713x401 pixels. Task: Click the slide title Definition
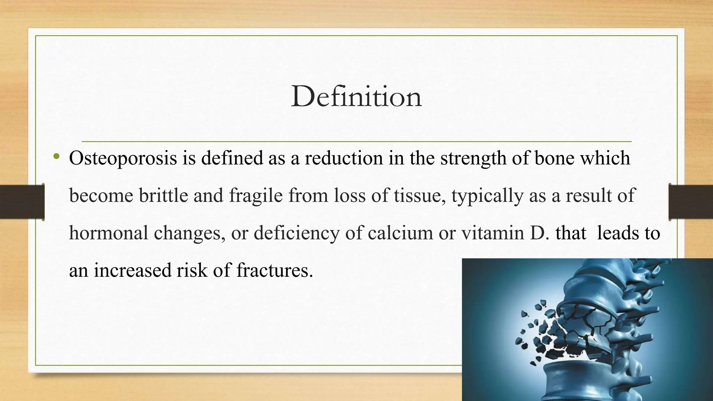(356, 96)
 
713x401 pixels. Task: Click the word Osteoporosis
(123, 158)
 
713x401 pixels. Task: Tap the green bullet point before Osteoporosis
(57, 157)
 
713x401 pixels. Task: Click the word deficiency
(296, 233)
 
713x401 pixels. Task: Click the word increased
(133, 270)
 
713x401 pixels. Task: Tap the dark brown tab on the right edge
(691, 202)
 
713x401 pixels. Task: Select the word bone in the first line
(554, 158)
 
